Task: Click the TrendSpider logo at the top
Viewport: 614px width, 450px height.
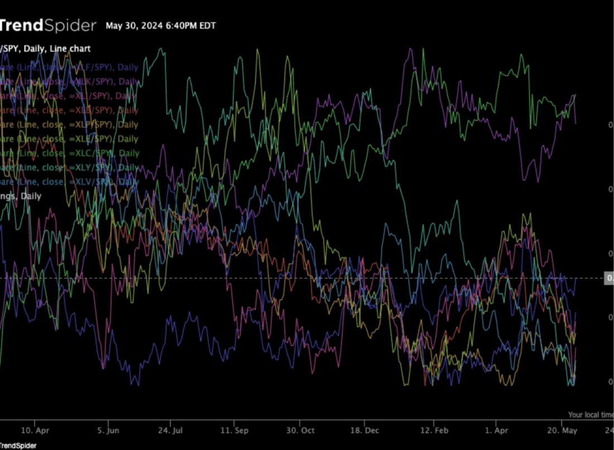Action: coord(47,26)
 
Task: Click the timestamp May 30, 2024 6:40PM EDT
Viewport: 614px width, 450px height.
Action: coord(161,26)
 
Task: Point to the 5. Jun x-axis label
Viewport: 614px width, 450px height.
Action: coord(109,431)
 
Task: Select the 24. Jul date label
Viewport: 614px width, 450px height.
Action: coord(171,431)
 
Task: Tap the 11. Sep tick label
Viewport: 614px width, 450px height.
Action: coord(234,431)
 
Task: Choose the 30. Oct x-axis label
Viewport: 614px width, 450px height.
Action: coord(300,431)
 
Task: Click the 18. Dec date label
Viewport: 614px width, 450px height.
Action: coord(364,431)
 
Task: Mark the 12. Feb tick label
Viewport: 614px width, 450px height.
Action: coord(434,431)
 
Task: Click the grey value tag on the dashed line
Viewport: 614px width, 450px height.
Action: coord(609,278)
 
